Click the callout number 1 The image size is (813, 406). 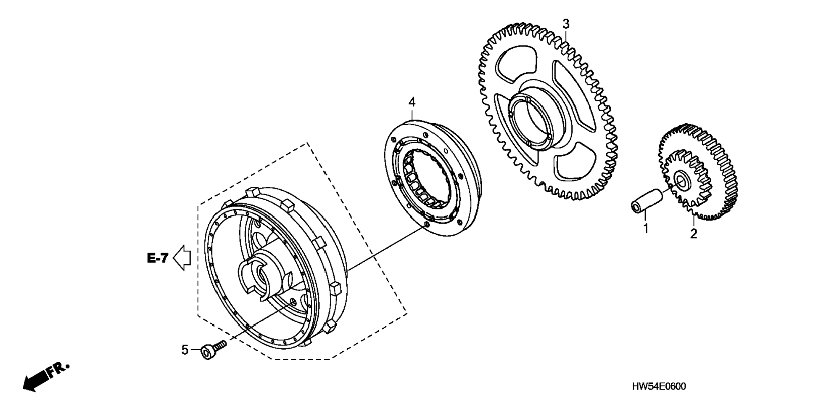[x=646, y=229]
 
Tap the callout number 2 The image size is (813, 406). [x=693, y=234]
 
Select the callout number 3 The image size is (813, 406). [x=566, y=24]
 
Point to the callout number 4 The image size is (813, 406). [x=412, y=102]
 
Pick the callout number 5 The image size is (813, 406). [x=185, y=350]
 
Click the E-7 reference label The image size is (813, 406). [x=158, y=258]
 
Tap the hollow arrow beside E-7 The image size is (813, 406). [x=182, y=257]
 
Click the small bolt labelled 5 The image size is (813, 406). [x=213, y=350]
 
